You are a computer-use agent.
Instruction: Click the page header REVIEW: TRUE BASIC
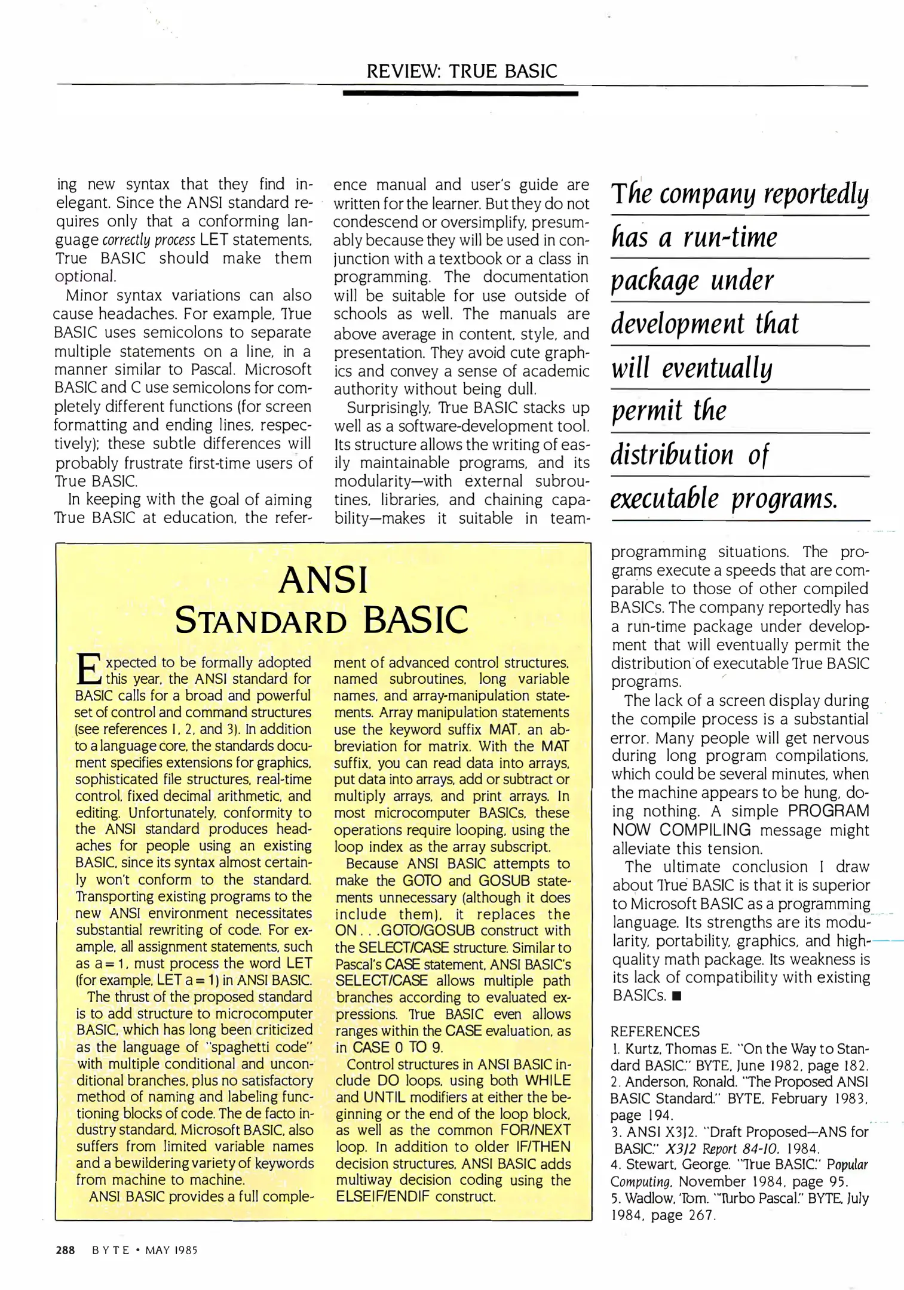(461, 71)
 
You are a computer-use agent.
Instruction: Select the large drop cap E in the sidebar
(88, 669)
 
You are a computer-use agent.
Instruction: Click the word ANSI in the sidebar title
(323, 580)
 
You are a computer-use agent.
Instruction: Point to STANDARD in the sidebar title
(261, 621)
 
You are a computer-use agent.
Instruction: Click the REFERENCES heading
(655, 1031)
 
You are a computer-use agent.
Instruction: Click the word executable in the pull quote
(664, 498)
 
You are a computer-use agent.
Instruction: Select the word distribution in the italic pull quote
(672, 454)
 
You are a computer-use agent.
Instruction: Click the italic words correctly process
(149, 240)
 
